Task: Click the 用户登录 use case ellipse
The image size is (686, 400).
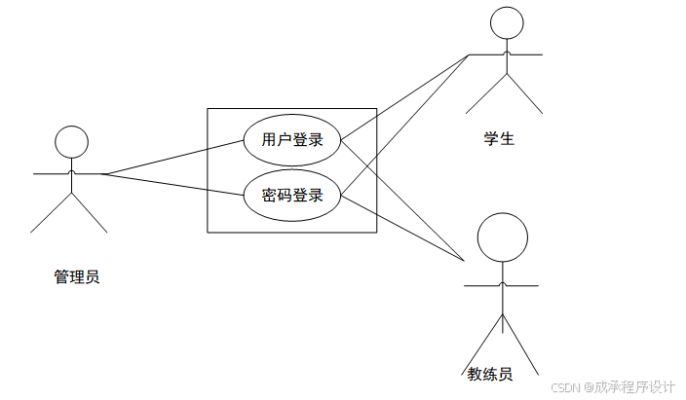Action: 292,140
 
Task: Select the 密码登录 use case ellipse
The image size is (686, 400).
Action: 292,196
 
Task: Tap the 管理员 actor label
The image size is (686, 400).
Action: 76,277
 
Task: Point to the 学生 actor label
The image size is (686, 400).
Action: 499,138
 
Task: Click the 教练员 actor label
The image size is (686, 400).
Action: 489,374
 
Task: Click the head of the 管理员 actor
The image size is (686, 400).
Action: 70,142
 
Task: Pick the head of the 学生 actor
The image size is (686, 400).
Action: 506,21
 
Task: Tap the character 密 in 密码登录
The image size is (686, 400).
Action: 270,196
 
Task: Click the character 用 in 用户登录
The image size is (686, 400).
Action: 270,140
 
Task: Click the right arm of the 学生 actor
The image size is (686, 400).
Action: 526,55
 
